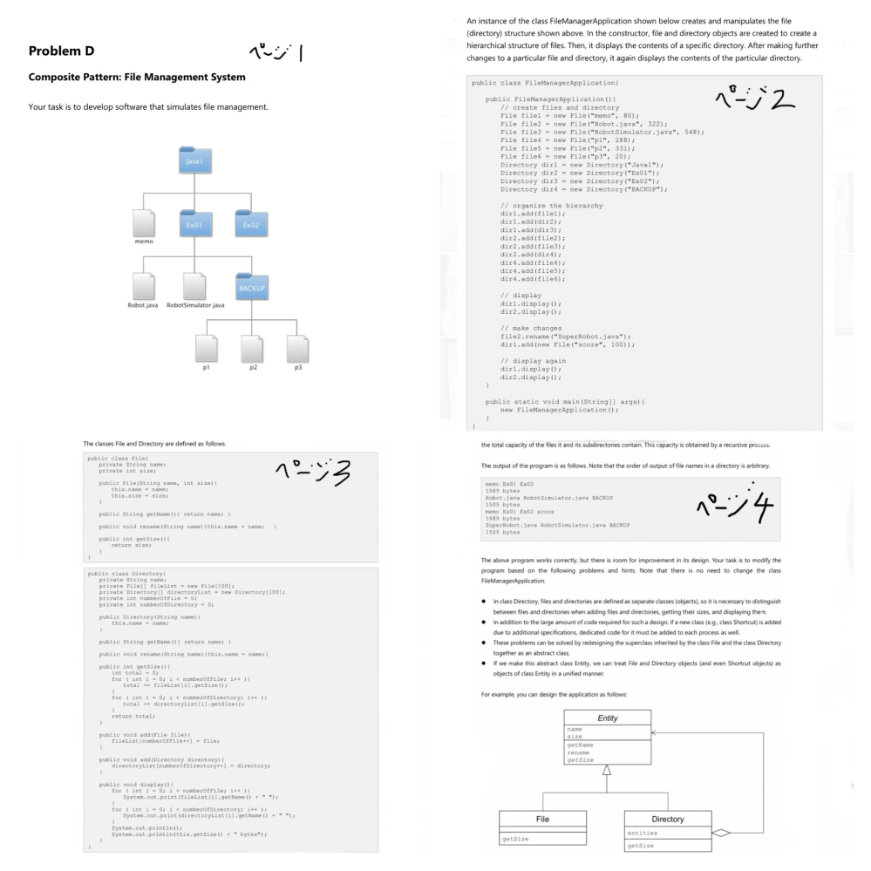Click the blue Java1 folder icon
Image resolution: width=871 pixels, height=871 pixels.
pyautogui.click(x=192, y=161)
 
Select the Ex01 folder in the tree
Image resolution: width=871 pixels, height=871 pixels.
pyautogui.click(x=192, y=224)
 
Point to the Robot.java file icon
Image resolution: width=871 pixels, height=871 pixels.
pyautogui.click(x=144, y=285)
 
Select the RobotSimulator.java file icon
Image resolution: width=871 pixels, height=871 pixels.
pyautogui.click(x=195, y=285)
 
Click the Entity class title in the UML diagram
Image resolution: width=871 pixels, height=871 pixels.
pyautogui.click(x=607, y=718)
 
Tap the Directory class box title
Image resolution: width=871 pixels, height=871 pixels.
pyautogui.click(x=667, y=819)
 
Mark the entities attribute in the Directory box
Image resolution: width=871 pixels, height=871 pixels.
pyautogui.click(x=643, y=834)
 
